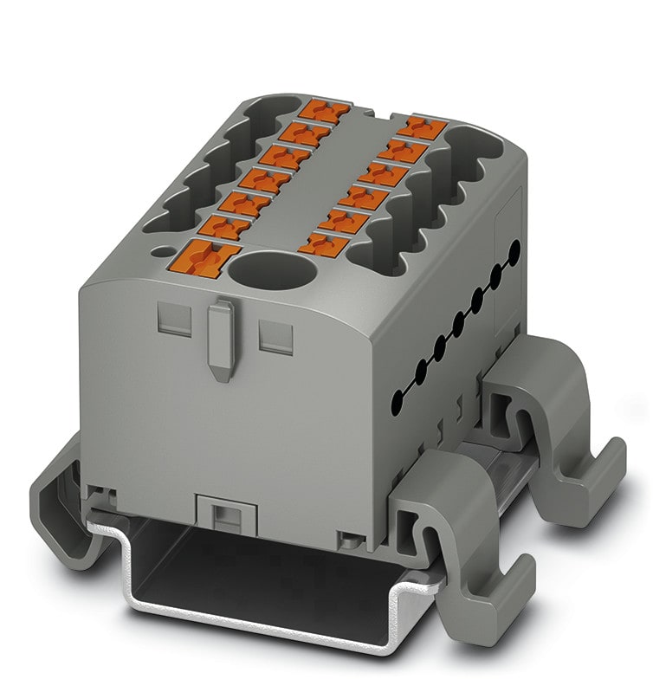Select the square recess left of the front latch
(x=172, y=320)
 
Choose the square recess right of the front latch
(x=275, y=332)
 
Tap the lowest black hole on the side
(x=398, y=399)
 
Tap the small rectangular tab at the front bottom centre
(x=224, y=514)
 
